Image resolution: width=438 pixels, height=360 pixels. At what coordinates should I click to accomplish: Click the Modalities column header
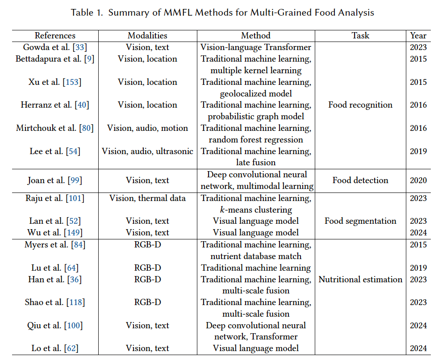[147, 36]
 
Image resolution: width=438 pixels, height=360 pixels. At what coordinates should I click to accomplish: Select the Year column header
[418, 36]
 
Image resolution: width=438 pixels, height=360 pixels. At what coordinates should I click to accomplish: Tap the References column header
[55, 36]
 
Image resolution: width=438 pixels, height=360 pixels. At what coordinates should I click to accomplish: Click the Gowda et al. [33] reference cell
[55, 47]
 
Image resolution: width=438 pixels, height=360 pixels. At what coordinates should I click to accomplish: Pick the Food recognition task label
[360, 105]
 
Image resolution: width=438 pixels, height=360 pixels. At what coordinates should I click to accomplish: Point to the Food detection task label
[360, 180]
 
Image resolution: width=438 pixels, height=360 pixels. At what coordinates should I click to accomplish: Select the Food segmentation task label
[360, 221]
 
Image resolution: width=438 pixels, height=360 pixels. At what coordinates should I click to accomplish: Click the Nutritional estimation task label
[360, 280]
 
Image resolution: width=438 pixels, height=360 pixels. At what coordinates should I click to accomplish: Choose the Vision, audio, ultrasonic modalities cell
[147, 151]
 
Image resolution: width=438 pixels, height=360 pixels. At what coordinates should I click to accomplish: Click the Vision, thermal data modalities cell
[147, 198]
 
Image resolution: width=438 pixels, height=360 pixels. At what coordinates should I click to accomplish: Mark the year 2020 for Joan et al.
[418, 180]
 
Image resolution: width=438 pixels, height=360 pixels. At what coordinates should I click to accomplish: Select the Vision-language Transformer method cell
[256, 47]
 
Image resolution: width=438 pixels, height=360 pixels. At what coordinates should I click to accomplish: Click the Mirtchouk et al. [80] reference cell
[55, 128]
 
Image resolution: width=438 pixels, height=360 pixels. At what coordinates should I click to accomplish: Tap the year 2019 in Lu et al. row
[418, 268]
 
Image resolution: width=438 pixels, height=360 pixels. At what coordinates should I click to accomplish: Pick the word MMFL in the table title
[171, 13]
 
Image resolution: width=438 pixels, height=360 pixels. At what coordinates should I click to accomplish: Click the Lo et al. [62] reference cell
[55, 348]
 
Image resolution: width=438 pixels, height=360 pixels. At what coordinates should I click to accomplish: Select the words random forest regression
[256, 140]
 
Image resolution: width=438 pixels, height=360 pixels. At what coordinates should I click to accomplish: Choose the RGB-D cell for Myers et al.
[147, 245]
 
